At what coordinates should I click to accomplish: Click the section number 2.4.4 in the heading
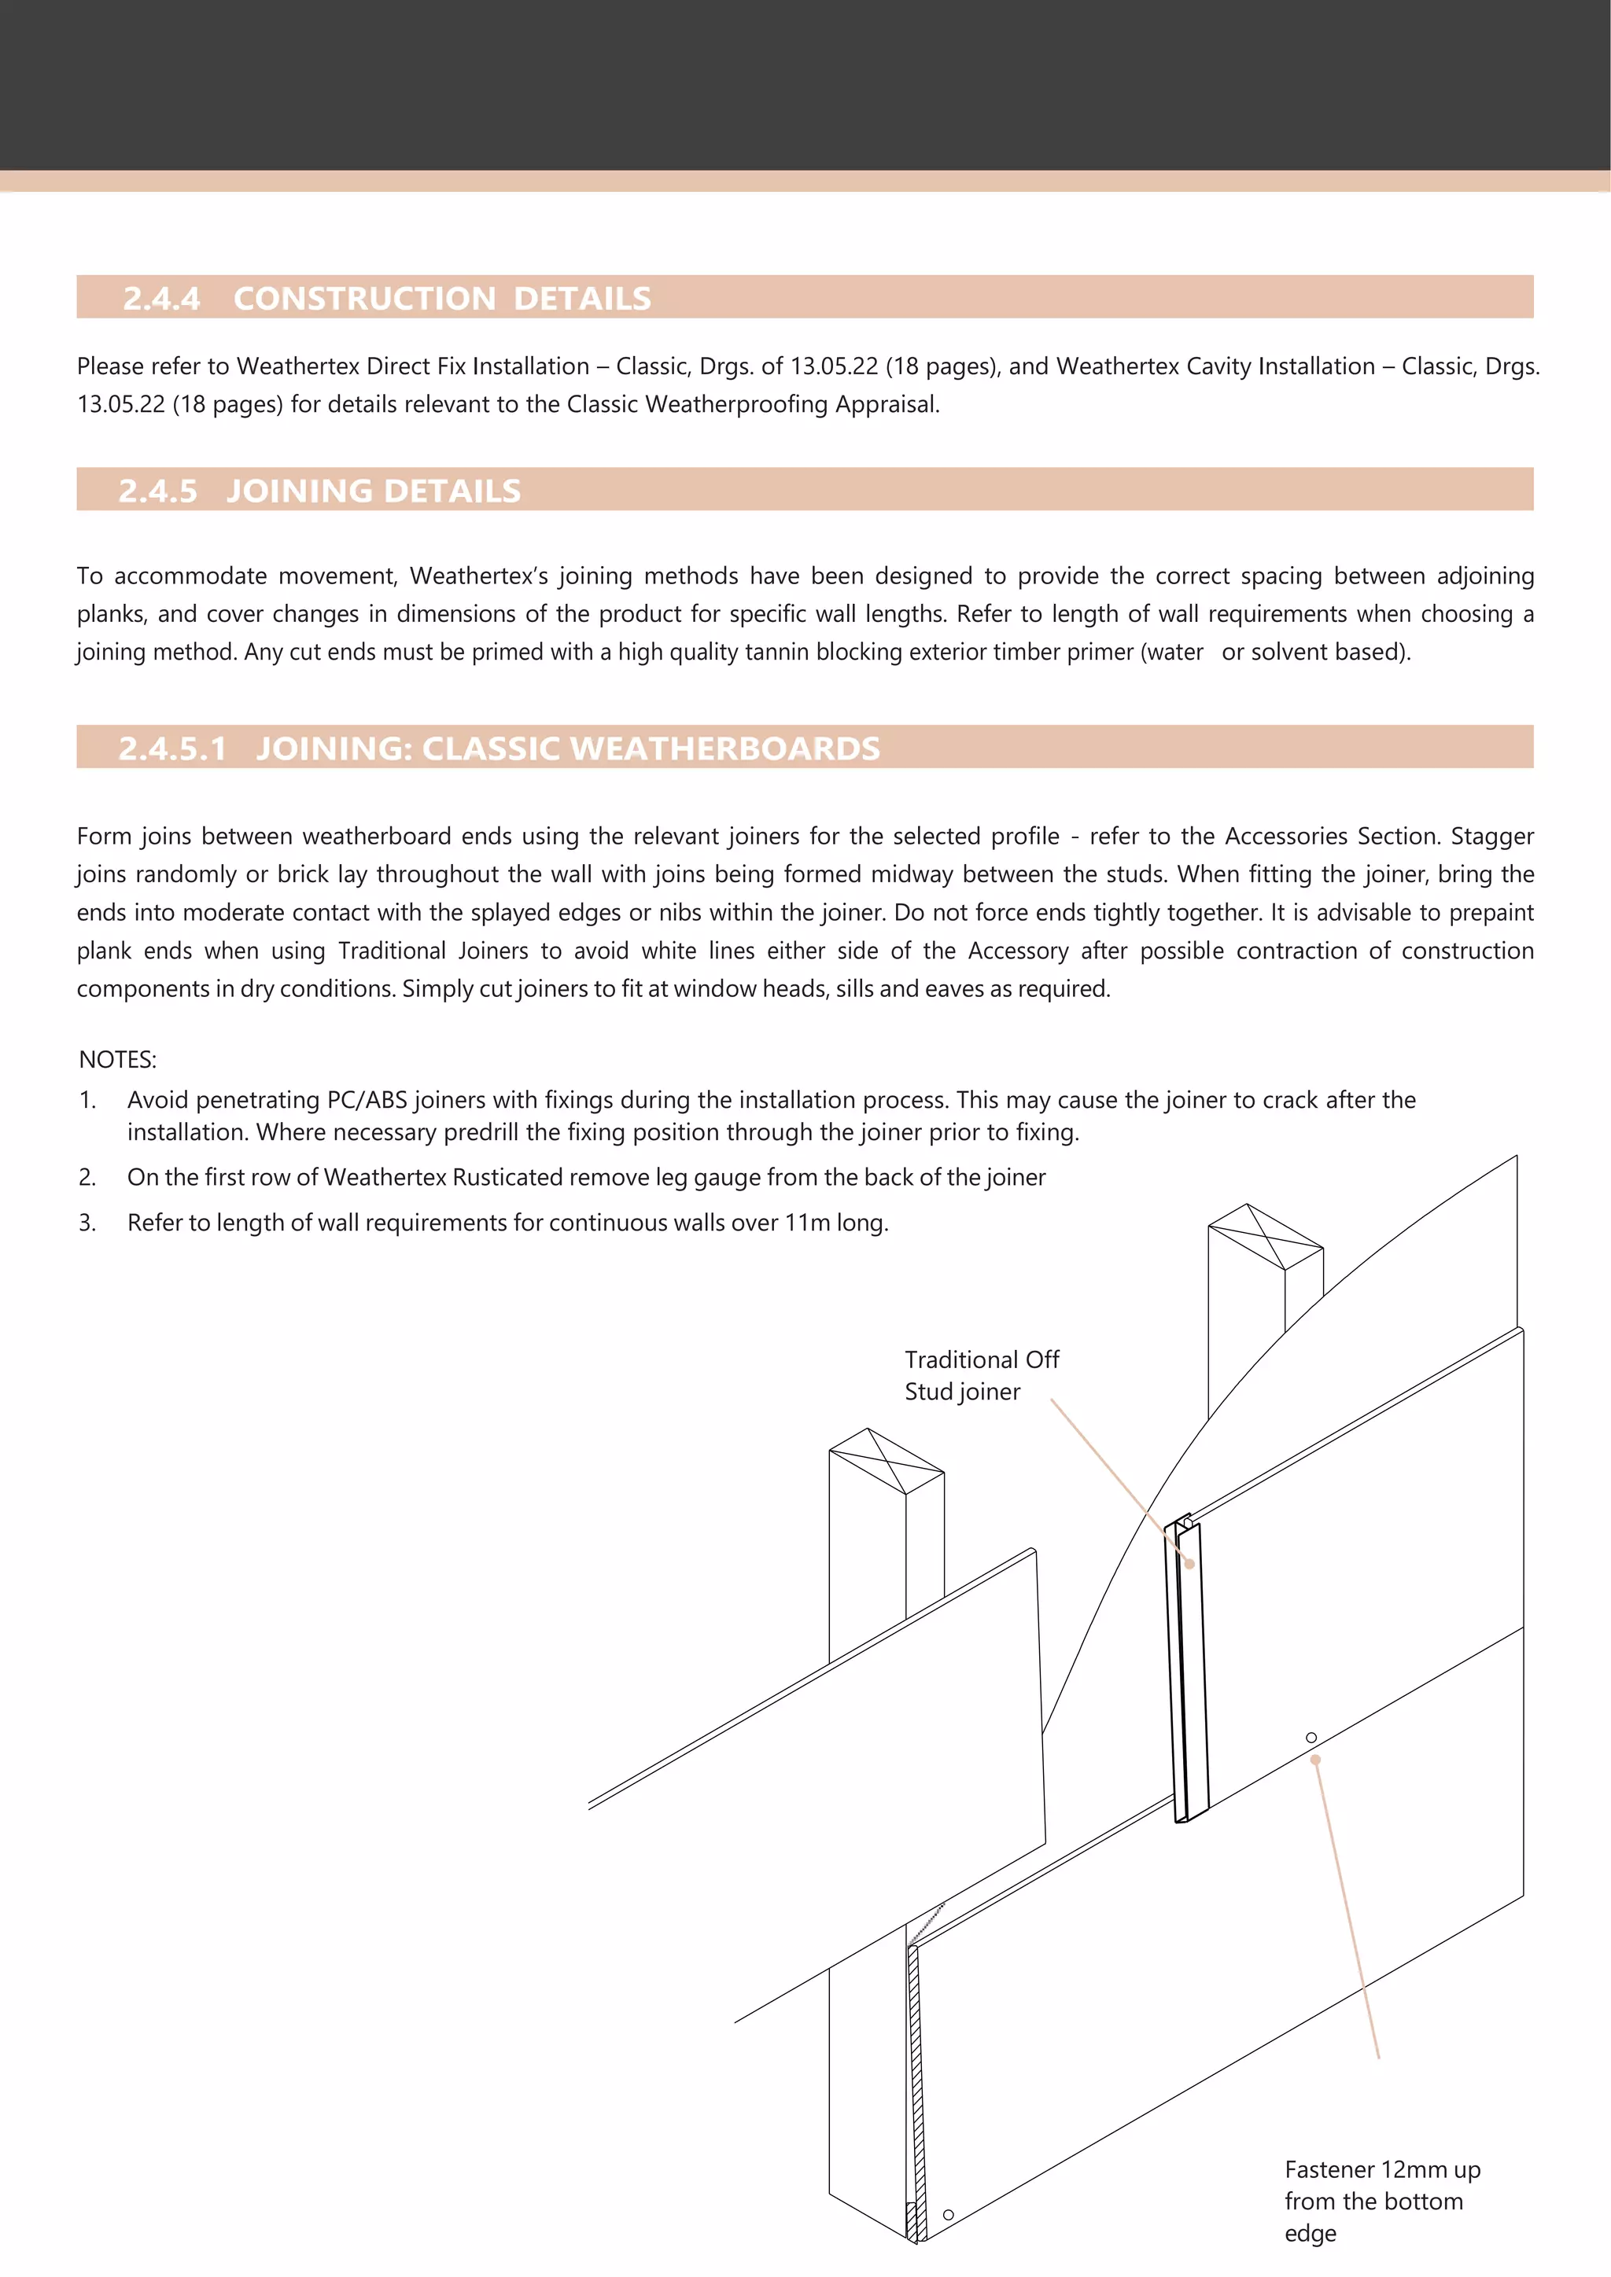(x=160, y=299)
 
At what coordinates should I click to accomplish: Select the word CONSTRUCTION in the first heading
(x=364, y=299)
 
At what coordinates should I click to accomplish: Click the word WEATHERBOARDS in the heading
(x=725, y=748)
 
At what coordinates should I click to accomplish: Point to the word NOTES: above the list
(x=117, y=1059)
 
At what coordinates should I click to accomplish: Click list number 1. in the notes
(x=87, y=1100)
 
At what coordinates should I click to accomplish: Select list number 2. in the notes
(x=87, y=1177)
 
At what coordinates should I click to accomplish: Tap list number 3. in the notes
(x=87, y=1223)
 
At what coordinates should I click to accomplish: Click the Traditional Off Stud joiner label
(x=980, y=1374)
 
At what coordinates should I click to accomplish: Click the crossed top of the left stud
(x=886, y=1460)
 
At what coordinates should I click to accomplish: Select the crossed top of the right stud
(x=1266, y=1236)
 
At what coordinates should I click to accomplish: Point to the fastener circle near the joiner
(x=1311, y=1738)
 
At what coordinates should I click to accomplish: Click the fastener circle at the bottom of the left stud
(x=949, y=2215)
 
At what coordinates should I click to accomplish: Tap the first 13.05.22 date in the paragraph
(x=833, y=366)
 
